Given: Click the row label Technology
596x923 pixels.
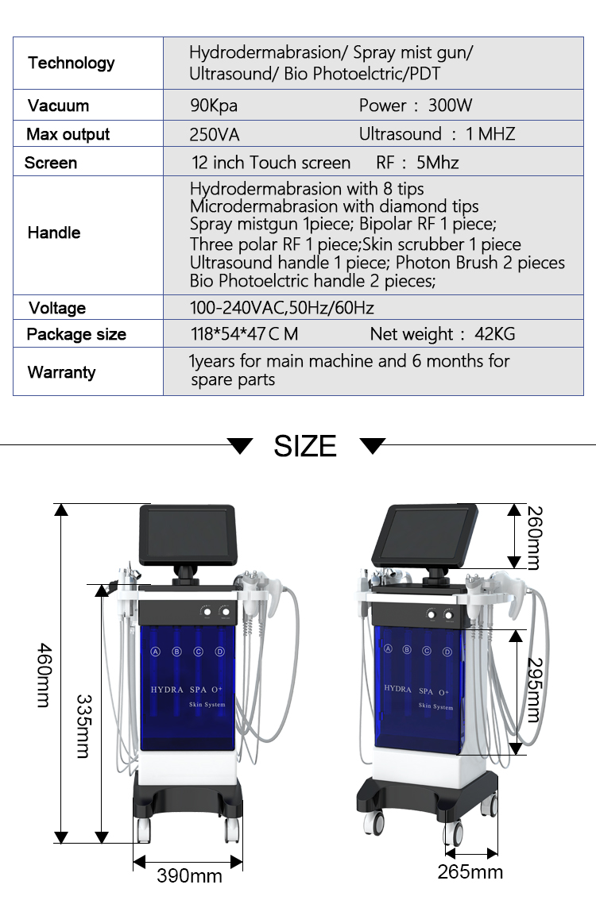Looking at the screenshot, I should click(71, 63).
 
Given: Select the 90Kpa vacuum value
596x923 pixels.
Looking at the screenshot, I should click(213, 106).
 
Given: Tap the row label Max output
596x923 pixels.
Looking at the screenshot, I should click(68, 134).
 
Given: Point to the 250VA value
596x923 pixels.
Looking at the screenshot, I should click(215, 134).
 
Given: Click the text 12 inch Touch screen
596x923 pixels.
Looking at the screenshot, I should click(271, 163).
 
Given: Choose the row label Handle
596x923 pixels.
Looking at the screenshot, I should click(54, 233).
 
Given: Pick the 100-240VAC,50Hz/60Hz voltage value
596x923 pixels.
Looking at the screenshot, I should click(281, 308).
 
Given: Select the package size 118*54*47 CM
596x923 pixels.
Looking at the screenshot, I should click(244, 334).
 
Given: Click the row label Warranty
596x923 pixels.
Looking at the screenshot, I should click(61, 372).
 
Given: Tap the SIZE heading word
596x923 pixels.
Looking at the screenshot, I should click(305, 446).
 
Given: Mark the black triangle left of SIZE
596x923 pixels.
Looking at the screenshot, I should click(239, 445).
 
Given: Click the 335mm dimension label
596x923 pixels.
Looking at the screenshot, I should click(83, 725).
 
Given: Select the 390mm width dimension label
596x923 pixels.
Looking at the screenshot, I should click(189, 875).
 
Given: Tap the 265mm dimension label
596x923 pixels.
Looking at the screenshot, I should click(470, 872).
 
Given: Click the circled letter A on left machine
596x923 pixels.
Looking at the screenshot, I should click(156, 652).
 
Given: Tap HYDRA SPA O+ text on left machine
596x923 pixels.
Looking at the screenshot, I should click(188, 690).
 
